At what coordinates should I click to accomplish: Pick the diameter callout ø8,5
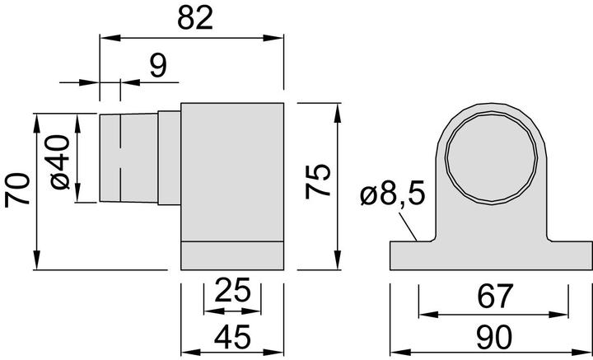(392, 195)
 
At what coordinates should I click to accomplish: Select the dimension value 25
(232, 291)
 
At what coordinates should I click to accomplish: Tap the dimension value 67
(493, 295)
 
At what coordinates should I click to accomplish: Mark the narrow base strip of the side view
(232, 255)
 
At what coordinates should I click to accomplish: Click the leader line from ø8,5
(410, 222)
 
